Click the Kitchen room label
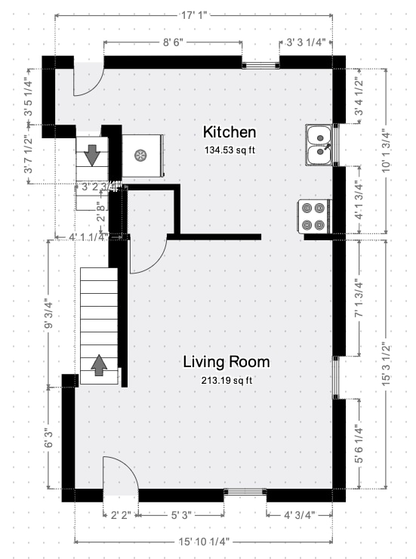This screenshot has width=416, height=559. point(230,132)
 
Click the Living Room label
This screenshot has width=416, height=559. point(226,362)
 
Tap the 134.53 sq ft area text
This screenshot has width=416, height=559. point(230,150)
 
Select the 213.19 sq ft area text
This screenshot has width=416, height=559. point(226,379)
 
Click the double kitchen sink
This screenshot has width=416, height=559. point(321,145)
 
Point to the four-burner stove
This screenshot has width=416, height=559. point(314,215)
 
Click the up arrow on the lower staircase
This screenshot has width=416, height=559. point(99,366)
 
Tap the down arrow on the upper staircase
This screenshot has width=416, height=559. point(92,154)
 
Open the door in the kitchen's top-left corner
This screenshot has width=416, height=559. point(88,80)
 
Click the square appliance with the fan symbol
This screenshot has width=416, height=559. point(141,156)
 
